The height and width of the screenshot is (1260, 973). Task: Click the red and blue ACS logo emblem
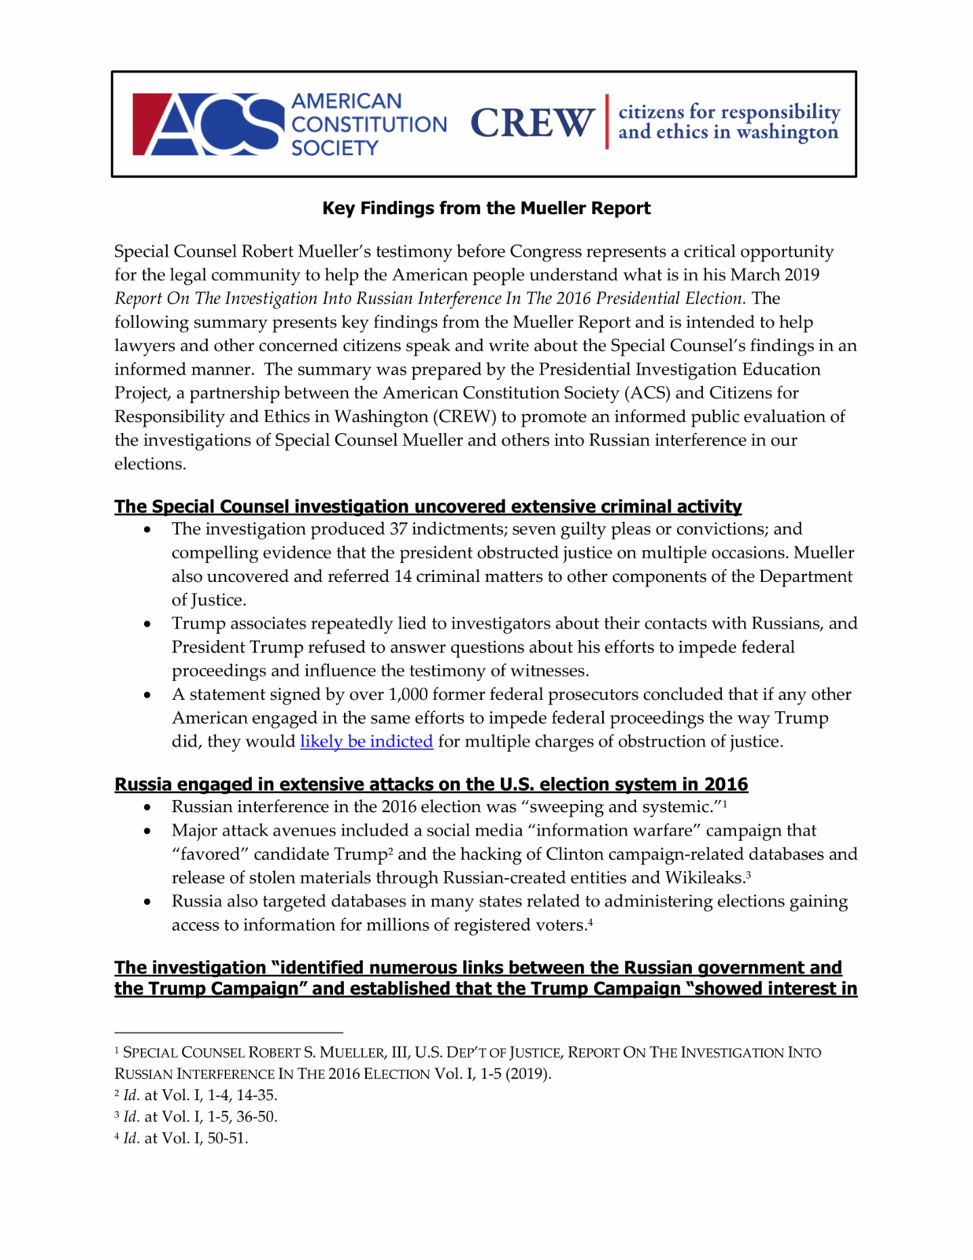pyautogui.click(x=208, y=124)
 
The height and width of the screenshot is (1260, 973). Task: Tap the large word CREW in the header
pyautogui.click(x=532, y=123)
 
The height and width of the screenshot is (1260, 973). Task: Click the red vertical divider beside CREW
pyautogui.click(x=607, y=121)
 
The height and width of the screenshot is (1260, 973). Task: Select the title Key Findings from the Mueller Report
pyautogui.click(x=486, y=209)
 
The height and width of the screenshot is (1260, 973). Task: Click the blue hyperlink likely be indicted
pyautogui.click(x=366, y=742)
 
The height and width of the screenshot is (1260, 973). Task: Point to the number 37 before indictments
pyautogui.click(x=399, y=529)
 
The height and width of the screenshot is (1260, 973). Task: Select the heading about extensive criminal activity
pyautogui.click(x=427, y=506)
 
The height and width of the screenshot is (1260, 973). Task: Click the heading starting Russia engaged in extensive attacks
pyautogui.click(x=431, y=784)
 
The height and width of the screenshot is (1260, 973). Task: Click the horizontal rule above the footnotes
pyautogui.click(x=228, y=1032)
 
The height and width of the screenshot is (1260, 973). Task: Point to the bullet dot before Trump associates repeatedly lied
pyautogui.click(x=147, y=624)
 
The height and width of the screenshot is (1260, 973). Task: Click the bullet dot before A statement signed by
pyautogui.click(x=147, y=695)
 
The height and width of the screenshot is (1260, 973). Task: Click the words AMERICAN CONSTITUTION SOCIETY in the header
pyautogui.click(x=368, y=124)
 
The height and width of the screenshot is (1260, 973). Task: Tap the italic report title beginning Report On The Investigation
pyautogui.click(x=429, y=298)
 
